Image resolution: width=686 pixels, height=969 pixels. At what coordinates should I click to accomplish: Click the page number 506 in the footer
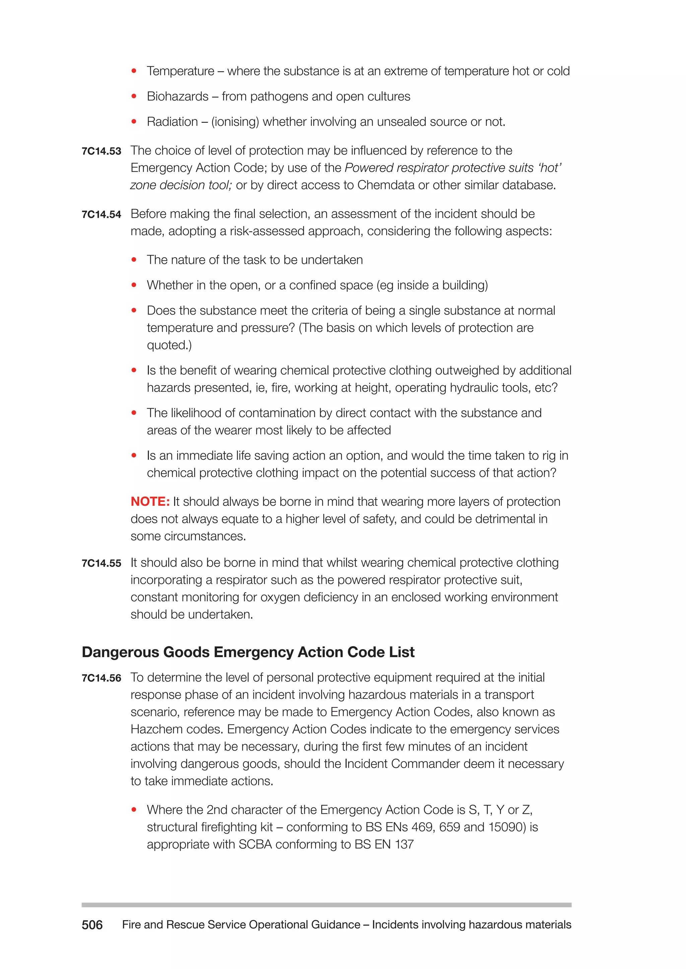[x=92, y=925]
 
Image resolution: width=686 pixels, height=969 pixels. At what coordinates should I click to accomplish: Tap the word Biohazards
[x=178, y=97]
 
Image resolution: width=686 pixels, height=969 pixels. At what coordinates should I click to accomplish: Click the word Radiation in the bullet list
[x=172, y=122]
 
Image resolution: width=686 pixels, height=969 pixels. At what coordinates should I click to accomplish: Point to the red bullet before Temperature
[x=134, y=71]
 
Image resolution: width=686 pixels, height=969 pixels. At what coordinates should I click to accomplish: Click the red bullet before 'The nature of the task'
[x=134, y=260]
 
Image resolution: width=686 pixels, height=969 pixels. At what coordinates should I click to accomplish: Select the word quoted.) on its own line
[x=169, y=345]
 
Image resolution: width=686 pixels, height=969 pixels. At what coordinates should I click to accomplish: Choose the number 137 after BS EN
[x=404, y=844]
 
